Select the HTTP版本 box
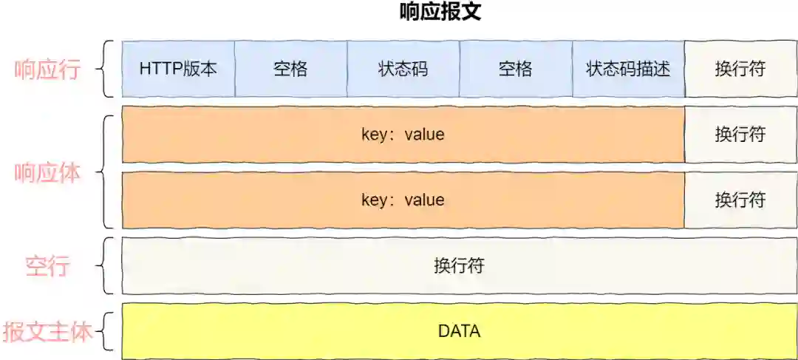178,69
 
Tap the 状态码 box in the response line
403,69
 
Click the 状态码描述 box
628,69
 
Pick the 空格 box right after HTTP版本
290,69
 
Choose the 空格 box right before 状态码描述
515,69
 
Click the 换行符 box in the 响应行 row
740,69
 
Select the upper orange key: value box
403,135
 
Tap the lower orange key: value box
403,200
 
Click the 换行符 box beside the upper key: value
740,135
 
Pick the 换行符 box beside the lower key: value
740,200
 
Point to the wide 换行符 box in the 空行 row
459,265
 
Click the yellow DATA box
459,331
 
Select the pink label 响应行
48,69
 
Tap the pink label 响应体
48,172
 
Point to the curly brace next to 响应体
109,171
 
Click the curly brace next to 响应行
109,69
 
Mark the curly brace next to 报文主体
109,331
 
